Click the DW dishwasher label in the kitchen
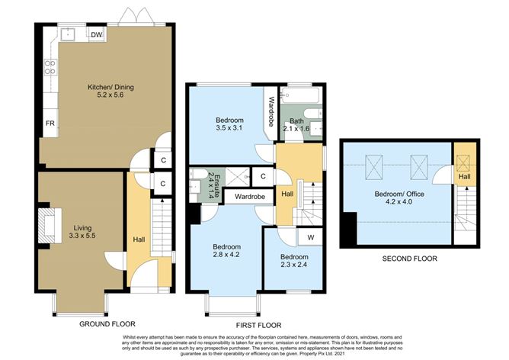97,35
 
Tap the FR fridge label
50,124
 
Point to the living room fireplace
50,226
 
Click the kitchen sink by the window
68,34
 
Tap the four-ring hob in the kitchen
50,67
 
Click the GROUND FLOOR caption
107,324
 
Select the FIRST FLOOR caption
258,325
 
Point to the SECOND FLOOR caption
410,259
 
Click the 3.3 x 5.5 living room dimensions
82,236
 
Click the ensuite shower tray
238,177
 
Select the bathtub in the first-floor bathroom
300,95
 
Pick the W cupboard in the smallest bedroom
310,237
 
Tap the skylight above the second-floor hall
463,163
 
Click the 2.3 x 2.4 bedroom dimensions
294,265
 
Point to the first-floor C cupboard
263,176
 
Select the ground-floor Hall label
139,239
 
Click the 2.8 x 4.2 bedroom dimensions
226,255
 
